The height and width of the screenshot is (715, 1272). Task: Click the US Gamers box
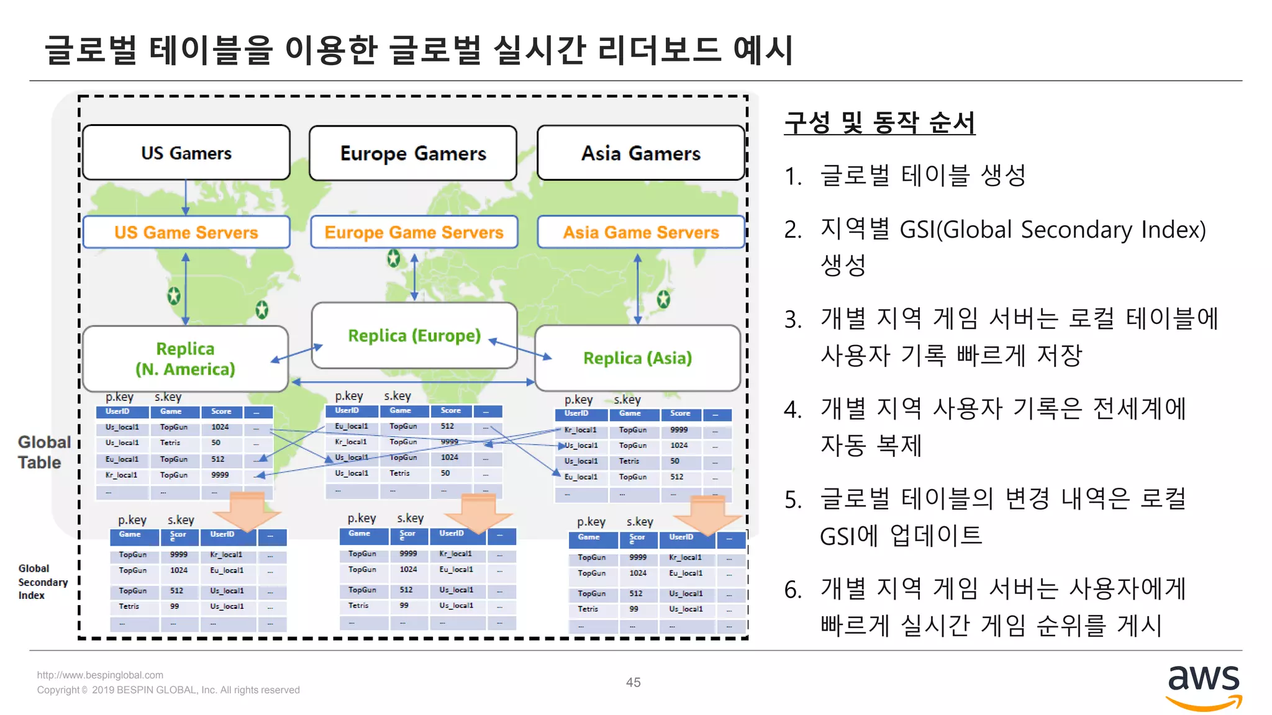click(186, 153)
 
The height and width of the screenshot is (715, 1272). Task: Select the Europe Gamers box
click(413, 153)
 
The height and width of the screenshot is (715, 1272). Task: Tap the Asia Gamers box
click(641, 153)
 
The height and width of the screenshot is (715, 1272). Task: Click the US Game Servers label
click(186, 232)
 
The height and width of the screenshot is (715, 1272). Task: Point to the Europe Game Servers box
click(414, 232)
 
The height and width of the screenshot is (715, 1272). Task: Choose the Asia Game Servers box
click(641, 232)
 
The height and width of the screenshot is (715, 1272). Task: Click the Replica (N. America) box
click(185, 359)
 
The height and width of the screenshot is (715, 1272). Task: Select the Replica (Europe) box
click(414, 336)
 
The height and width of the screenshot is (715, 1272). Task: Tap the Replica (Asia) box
click(637, 358)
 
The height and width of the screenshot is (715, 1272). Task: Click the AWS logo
click(1203, 686)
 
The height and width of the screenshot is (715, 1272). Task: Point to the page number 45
click(633, 682)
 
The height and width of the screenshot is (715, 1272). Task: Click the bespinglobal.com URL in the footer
click(100, 675)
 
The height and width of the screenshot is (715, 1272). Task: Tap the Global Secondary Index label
click(42, 582)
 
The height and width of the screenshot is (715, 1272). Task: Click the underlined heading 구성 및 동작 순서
click(879, 122)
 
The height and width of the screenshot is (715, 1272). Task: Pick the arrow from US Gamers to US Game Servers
click(186, 197)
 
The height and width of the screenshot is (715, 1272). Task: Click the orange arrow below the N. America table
click(247, 511)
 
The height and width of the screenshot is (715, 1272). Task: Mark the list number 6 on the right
click(793, 590)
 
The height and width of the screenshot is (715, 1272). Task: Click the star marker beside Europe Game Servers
click(394, 258)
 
